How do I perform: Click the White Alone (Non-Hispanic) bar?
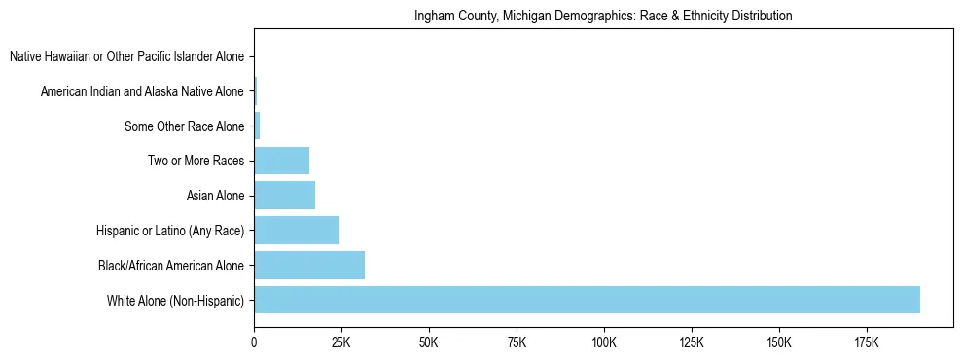[x=587, y=300]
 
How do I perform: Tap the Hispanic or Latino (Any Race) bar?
[x=297, y=231]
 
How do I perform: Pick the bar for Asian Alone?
[x=284, y=196]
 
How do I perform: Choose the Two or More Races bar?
[x=281, y=161]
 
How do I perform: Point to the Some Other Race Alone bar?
[x=257, y=126]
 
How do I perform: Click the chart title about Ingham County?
[x=603, y=17]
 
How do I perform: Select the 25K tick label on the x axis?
[x=341, y=342]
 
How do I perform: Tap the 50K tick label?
[x=429, y=342]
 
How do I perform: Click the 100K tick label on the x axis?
[x=604, y=342]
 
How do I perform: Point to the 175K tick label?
[x=867, y=342]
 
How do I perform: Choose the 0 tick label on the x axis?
[x=254, y=342]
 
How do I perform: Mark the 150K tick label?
[x=779, y=342]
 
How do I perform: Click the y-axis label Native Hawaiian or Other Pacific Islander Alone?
[x=126, y=57]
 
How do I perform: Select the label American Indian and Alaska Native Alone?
[x=142, y=92]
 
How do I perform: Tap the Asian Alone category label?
[x=215, y=197]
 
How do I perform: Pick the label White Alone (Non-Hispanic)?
[x=175, y=301]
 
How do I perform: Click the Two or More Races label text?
[x=197, y=162]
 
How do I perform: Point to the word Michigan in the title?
[x=559, y=17]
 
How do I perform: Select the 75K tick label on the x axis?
[x=517, y=342]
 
